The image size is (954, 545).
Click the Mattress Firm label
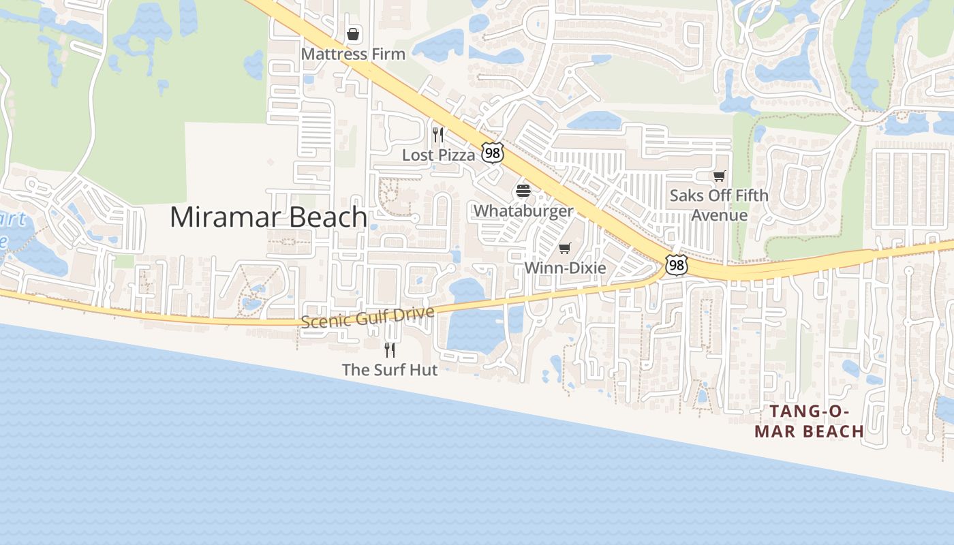pos(353,54)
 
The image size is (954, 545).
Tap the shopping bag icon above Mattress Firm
pos(353,33)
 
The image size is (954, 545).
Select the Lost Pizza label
pos(438,155)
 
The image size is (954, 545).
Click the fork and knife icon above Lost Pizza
pos(438,134)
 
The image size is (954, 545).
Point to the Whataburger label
pos(523,211)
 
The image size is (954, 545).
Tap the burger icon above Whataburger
pos(523,190)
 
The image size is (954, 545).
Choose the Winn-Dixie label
pos(565,268)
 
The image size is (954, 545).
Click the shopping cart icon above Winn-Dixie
pos(564,248)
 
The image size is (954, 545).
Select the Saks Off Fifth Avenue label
pos(719,205)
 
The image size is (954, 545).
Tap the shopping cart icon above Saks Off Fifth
pos(719,176)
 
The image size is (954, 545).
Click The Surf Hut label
pos(390,370)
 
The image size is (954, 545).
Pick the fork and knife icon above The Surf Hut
pos(390,349)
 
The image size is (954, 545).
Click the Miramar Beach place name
pos(268,217)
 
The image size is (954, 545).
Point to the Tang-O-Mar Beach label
pos(810,422)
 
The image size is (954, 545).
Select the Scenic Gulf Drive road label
pos(367,317)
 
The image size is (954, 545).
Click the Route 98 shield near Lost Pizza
pos(492,153)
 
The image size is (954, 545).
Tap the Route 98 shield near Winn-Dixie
pos(676,265)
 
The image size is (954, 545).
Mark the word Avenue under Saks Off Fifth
pos(720,215)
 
